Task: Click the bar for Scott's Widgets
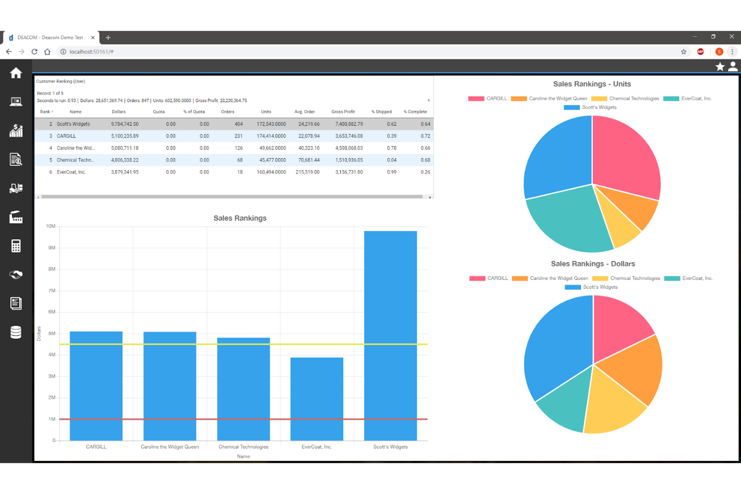390,335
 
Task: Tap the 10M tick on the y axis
51,226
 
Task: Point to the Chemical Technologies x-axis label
243,447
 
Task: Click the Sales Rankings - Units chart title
591,84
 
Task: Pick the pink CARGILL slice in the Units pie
626,160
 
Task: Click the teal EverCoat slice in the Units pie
566,220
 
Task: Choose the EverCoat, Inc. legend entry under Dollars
688,278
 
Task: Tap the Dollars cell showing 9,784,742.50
125,124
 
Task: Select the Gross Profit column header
343,112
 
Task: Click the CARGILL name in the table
67,136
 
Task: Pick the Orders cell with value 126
238,148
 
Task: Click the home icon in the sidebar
16,73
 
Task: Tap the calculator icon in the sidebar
16,246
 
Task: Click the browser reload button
35,52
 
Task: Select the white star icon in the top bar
719,67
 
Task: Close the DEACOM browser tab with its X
93,38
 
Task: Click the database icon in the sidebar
16,332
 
